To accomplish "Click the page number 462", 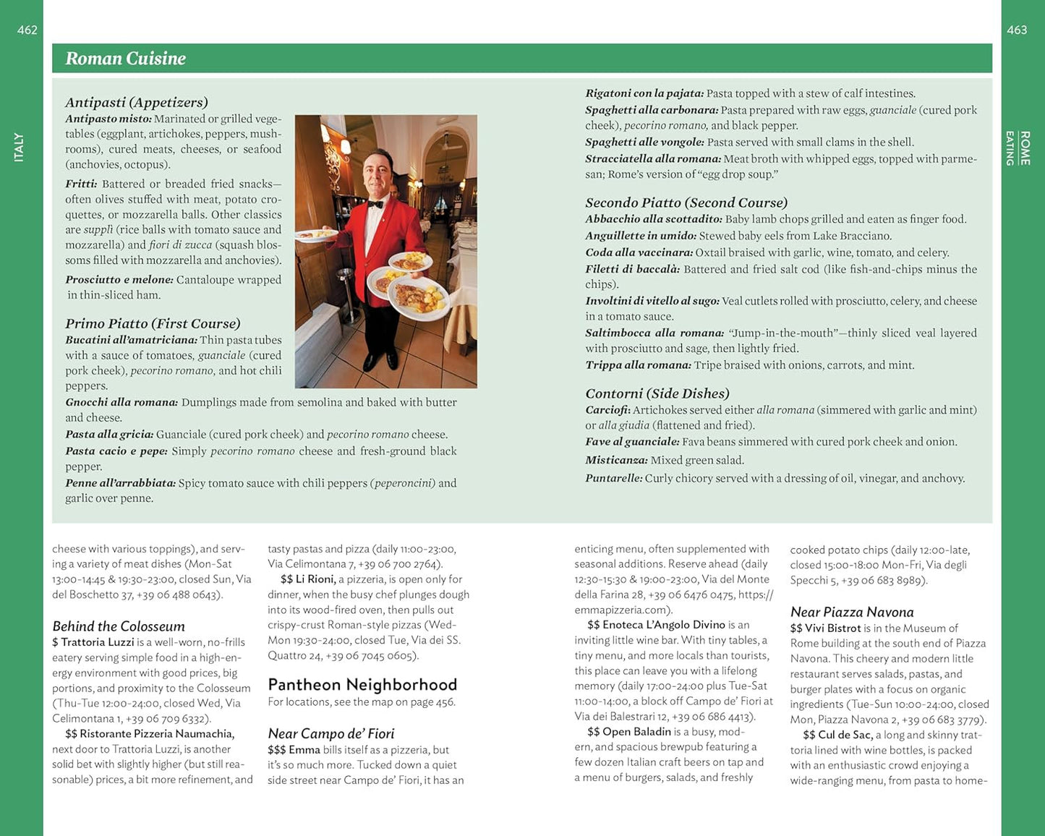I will pos(27,30).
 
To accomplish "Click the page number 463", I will pos(1017,30).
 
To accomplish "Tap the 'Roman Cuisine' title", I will pos(126,59).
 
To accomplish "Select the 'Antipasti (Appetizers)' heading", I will pos(137,102).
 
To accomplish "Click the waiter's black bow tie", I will pos(374,204).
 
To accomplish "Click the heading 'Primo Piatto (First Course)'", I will pos(153,323).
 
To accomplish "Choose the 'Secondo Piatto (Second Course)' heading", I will pos(686,202).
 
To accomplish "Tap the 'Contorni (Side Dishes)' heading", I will pos(657,393).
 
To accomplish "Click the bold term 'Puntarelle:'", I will pos(614,478).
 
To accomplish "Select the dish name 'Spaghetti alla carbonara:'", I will pos(652,110).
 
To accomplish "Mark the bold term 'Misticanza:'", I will pos(616,460).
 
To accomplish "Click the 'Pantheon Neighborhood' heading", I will pos(362,684).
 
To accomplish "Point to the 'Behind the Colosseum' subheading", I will pos(119,626).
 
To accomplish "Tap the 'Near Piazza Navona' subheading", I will pos(852,612).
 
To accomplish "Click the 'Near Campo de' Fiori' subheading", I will pos(331,733).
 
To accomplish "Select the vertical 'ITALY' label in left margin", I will pos(19,147).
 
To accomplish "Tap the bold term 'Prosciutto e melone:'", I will pos(119,280).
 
